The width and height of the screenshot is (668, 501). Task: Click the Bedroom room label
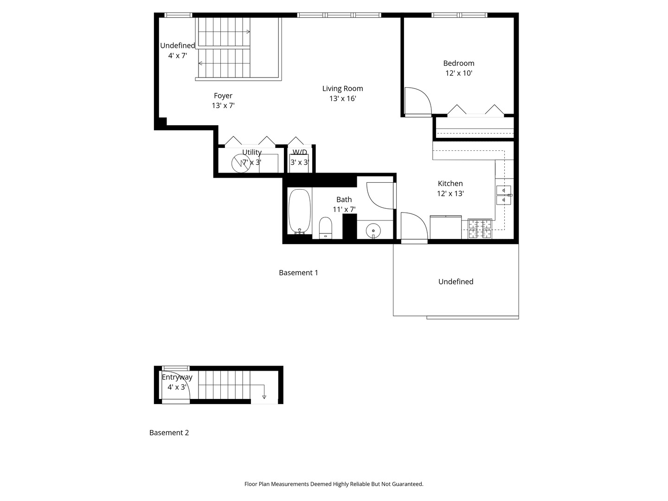458,63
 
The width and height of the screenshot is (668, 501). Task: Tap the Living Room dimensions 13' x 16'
343,98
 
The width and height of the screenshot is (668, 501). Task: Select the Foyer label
223,96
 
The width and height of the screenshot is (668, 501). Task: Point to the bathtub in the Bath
300,212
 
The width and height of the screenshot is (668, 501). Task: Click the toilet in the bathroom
325,228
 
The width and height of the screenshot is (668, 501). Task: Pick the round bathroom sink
373,230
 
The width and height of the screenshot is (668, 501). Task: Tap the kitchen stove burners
480,228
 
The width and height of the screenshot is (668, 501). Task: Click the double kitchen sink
504,195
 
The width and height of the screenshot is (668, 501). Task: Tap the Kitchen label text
450,183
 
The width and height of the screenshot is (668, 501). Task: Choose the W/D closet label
300,152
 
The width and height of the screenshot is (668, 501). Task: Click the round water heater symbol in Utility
241,163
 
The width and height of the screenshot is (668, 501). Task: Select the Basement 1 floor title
298,273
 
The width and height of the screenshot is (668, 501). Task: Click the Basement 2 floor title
169,432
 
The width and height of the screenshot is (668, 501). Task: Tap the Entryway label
177,377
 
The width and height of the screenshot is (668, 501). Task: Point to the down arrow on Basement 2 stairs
264,392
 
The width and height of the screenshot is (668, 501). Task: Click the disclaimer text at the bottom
334,484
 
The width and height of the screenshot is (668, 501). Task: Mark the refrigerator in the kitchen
445,227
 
